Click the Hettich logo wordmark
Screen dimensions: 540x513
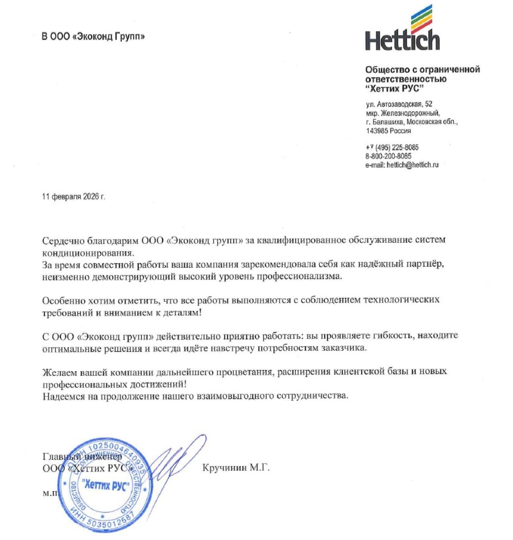(402, 39)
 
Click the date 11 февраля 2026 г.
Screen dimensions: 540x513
(74, 196)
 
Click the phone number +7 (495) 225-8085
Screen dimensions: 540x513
(392, 148)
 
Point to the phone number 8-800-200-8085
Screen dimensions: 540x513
(388, 156)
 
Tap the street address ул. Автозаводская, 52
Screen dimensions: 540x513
(399, 104)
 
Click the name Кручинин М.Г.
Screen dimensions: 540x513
(236, 468)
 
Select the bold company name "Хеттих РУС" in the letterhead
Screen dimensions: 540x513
(394, 88)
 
